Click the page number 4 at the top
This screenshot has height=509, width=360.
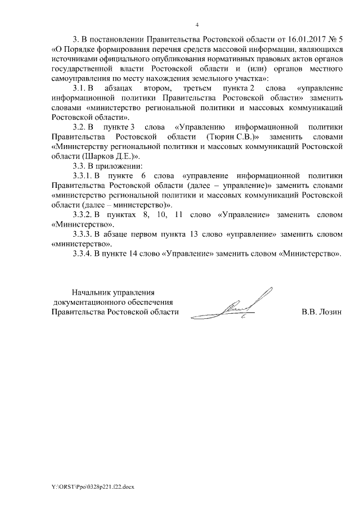pos(197,25)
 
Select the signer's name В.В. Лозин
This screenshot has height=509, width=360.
pos(321,312)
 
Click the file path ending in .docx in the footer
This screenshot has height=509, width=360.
pos(93,484)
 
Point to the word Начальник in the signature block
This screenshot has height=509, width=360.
pos(92,292)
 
